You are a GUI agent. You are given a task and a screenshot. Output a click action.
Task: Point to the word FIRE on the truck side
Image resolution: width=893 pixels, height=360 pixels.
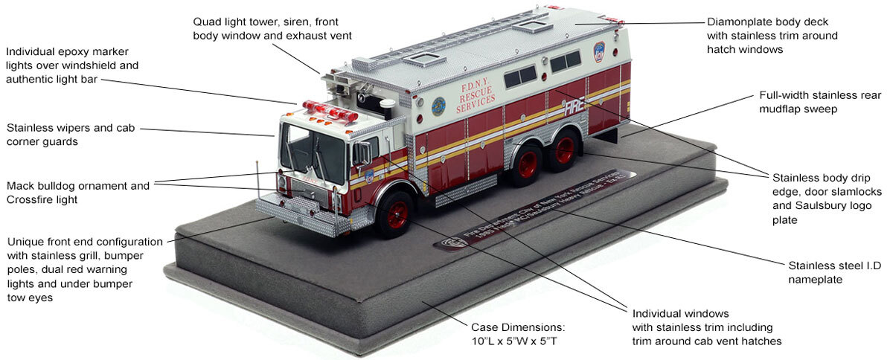(574, 106)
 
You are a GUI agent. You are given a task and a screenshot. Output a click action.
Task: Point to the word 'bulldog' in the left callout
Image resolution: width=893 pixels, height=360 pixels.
(54, 186)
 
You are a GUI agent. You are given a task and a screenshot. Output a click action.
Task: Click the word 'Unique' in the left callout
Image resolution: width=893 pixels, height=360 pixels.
(23, 242)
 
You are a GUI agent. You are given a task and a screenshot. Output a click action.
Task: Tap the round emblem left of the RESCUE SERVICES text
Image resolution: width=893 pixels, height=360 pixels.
(438, 104)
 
